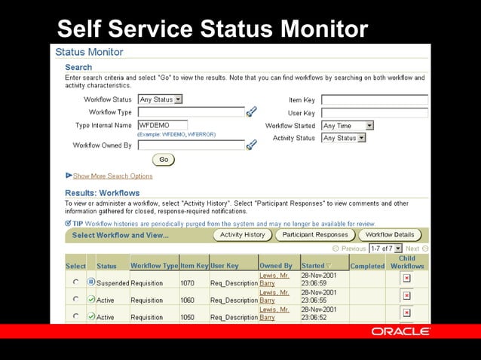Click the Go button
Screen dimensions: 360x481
(164, 160)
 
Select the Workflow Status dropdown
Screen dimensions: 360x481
(161, 99)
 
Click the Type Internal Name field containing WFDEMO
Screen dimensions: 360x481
(162, 125)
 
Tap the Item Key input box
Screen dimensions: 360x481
(374, 99)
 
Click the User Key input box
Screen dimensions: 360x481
(374, 113)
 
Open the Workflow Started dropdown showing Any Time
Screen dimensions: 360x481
(348, 126)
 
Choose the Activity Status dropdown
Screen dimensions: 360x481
(343, 138)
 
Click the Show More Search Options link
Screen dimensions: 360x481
(112, 176)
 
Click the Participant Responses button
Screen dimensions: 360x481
(314, 235)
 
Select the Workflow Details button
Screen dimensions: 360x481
(391, 235)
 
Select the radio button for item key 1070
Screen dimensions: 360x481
(75, 282)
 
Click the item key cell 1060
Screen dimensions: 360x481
(188, 300)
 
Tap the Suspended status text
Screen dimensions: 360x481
(112, 283)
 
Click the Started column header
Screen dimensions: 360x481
(316, 265)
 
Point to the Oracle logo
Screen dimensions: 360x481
(400, 331)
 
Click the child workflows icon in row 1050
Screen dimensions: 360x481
(406, 313)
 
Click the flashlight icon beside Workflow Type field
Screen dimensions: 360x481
(252, 112)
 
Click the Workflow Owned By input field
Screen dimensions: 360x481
(191, 145)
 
